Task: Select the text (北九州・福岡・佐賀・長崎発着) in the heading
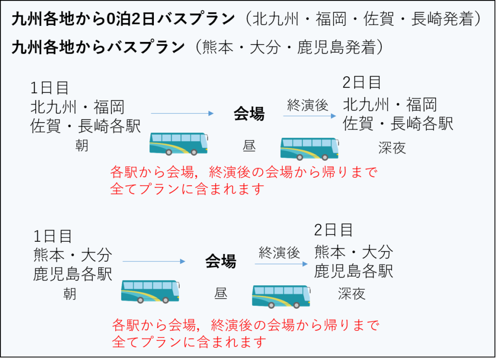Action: pos(363,20)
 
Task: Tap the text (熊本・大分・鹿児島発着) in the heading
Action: pos(288,47)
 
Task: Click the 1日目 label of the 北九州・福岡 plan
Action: pos(49,88)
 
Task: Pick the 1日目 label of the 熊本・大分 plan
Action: pos(53,236)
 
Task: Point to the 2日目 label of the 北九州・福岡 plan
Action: pos(361,83)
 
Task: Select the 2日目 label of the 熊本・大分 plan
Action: pos(333,230)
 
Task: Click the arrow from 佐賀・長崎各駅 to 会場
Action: pos(182,114)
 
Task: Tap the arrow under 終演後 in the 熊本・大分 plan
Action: pos(281,264)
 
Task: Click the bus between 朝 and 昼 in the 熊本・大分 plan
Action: pos(150,292)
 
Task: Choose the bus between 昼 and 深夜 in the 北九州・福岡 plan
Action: pos(310,148)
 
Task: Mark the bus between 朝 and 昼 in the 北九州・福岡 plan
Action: pos(178,143)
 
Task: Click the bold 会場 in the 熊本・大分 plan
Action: pos(220,261)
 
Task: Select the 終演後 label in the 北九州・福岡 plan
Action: pos(307,105)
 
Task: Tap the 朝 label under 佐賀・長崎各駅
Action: pos(82,145)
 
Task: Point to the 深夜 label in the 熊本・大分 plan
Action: pos(352,294)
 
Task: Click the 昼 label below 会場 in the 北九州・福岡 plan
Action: pos(249,146)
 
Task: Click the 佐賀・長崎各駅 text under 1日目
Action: pos(85,127)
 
